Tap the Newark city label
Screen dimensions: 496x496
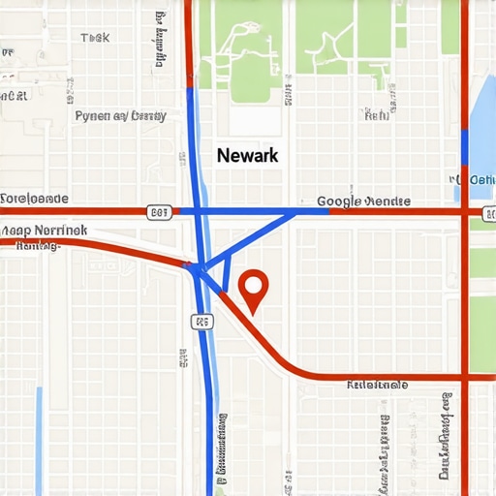tap(247, 155)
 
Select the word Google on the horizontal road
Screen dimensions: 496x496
tap(338, 201)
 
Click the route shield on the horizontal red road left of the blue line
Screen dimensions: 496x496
tap(160, 211)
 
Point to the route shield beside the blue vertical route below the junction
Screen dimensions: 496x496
tap(201, 320)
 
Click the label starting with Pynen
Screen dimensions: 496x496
tap(120, 115)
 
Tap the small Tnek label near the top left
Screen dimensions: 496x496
tap(95, 38)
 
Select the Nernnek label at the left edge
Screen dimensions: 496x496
tap(44, 231)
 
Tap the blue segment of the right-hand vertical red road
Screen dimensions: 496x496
tap(466, 145)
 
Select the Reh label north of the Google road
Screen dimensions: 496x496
tap(376, 115)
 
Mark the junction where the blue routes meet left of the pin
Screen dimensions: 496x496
tap(197, 268)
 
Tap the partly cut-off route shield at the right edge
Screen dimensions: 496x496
tap(488, 211)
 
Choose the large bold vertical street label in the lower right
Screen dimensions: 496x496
tap(447, 436)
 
